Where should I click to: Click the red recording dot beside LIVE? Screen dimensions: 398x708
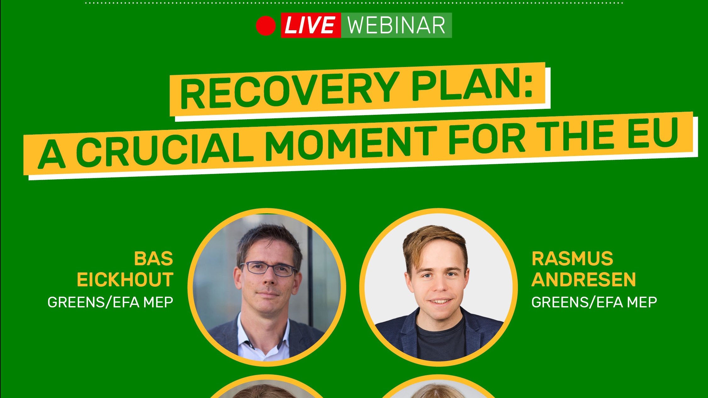coord(266,25)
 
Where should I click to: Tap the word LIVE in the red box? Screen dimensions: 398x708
coord(310,25)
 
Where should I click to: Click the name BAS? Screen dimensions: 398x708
coord(154,259)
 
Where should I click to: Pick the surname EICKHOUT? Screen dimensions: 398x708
coord(125,280)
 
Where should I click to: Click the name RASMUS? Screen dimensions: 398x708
coord(572,259)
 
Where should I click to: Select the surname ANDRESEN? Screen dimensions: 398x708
coord(583,280)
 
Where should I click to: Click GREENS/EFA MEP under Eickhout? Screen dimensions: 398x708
coord(110,302)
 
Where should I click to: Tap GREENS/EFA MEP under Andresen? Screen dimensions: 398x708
coord(594,302)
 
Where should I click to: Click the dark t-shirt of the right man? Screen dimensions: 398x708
coord(441,343)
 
